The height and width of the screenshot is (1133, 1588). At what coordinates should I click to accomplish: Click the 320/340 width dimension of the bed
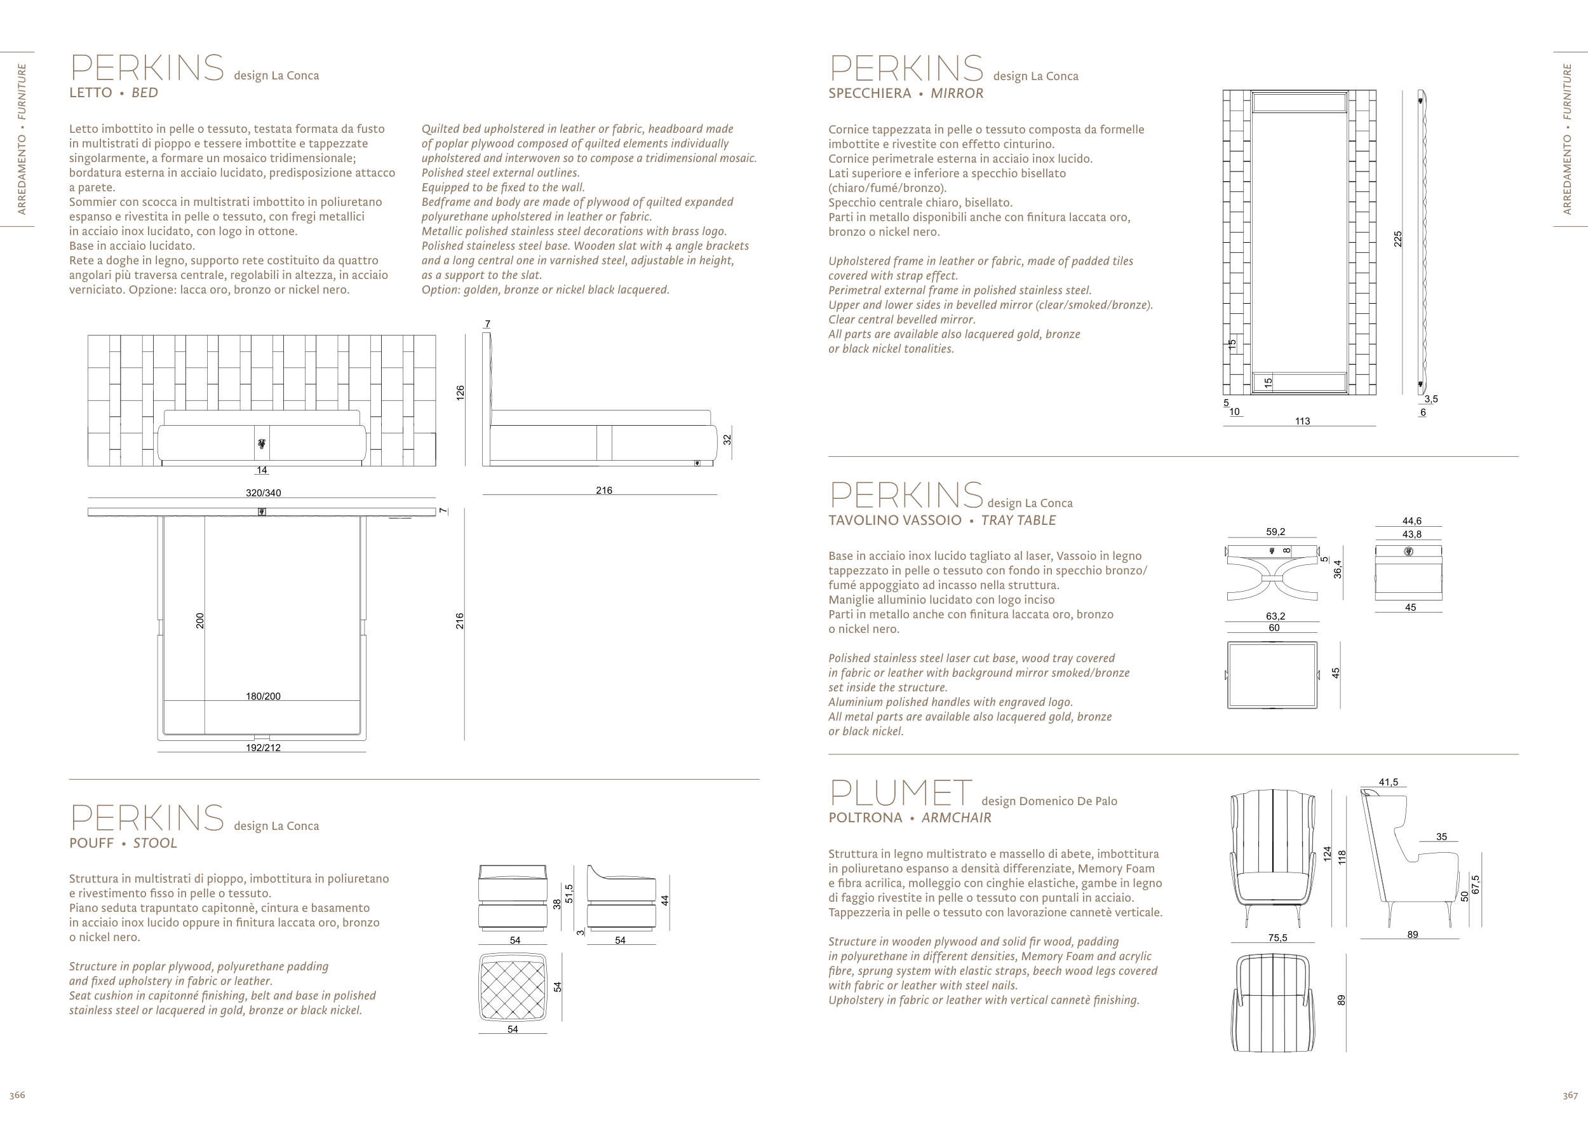(x=263, y=493)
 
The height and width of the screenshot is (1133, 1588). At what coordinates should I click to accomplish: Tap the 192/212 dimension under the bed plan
(x=263, y=748)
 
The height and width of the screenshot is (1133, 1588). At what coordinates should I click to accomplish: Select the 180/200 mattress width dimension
(x=263, y=696)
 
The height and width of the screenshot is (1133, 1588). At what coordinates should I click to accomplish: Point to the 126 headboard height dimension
(x=461, y=393)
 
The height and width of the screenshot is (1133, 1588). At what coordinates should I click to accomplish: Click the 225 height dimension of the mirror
(x=1397, y=238)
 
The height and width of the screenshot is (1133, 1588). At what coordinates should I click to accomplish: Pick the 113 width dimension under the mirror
(x=1302, y=421)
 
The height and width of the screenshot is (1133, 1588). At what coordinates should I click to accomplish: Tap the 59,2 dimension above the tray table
(x=1275, y=532)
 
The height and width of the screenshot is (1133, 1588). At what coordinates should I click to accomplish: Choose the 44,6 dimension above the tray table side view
(x=1411, y=521)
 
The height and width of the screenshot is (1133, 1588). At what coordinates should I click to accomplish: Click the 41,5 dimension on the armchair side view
(x=1389, y=783)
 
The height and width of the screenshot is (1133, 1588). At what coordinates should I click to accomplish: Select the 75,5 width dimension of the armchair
(x=1277, y=938)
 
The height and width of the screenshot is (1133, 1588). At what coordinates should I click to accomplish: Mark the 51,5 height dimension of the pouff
(x=569, y=893)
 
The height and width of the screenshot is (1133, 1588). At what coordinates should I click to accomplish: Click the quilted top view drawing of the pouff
(x=513, y=986)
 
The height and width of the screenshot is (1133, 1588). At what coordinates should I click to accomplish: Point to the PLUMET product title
(x=900, y=793)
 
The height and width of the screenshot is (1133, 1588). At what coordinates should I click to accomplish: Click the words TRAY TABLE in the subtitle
(x=1018, y=520)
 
